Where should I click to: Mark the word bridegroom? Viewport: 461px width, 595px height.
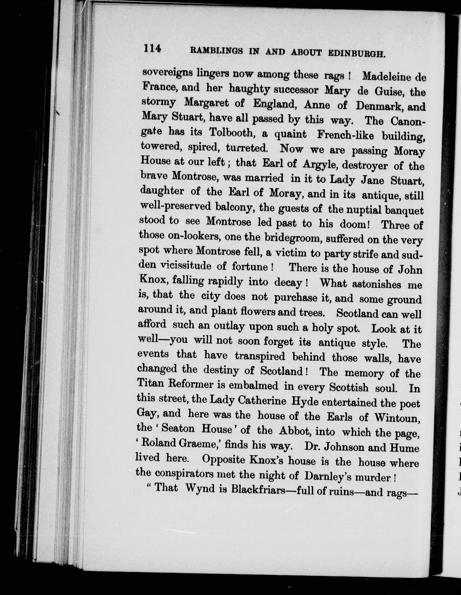point(293,238)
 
